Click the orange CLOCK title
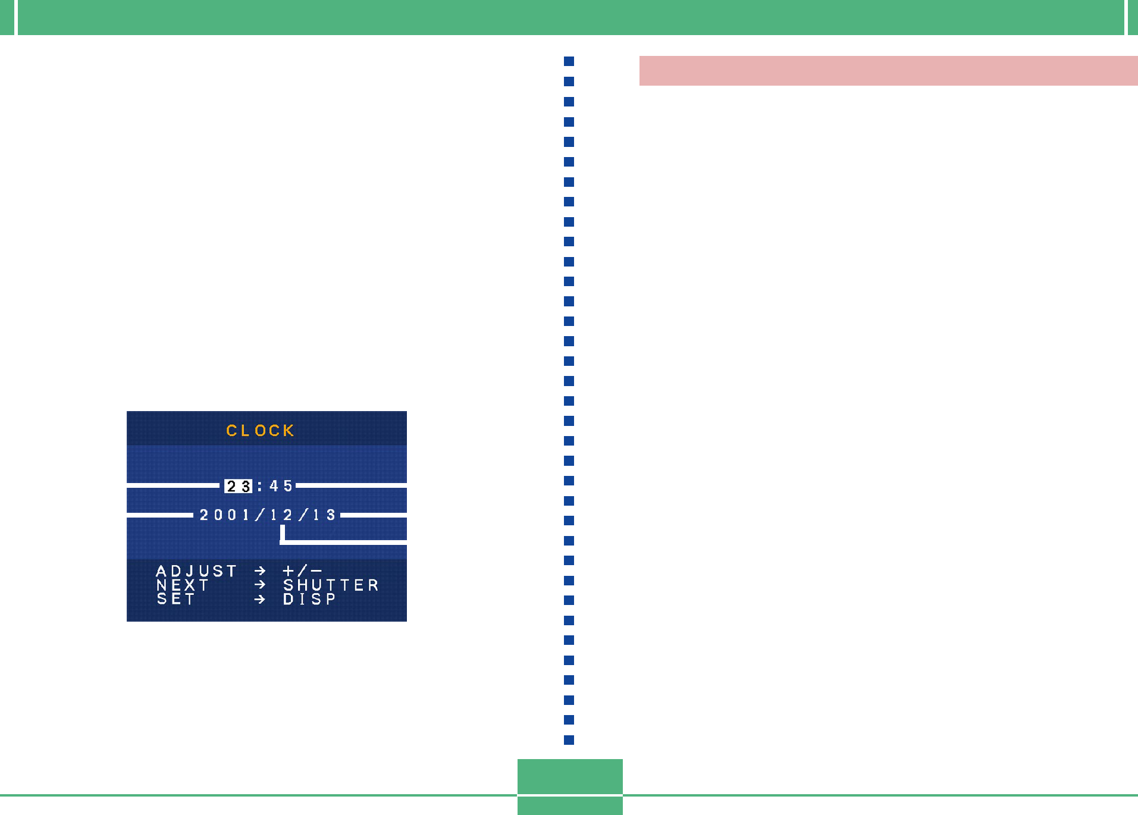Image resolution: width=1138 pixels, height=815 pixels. tap(260, 430)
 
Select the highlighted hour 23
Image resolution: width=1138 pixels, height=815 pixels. tap(238, 486)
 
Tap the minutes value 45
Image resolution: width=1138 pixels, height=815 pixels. tap(281, 486)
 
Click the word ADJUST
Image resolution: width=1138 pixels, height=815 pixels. tap(196, 571)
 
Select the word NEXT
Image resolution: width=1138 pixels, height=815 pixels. tap(182, 585)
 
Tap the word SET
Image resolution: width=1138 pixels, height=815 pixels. tap(176, 599)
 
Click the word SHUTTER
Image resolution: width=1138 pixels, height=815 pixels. tap(331, 585)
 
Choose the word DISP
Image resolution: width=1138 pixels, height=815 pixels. tap(309, 599)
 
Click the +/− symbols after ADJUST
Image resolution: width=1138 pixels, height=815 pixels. tap(303, 571)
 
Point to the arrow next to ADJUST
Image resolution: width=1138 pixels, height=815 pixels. tap(260, 571)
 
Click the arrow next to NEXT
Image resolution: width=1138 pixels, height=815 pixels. tap(260, 585)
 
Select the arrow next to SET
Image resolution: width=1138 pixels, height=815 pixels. tap(260, 599)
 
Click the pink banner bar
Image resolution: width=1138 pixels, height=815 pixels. tap(889, 71)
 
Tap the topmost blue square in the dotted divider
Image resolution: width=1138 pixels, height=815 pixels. tap(569, 61)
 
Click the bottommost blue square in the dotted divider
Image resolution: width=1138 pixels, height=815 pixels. tap(569, 740)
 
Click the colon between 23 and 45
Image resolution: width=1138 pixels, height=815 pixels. tap(260, 487)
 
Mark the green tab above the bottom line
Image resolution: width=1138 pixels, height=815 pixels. tap(570, 776)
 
